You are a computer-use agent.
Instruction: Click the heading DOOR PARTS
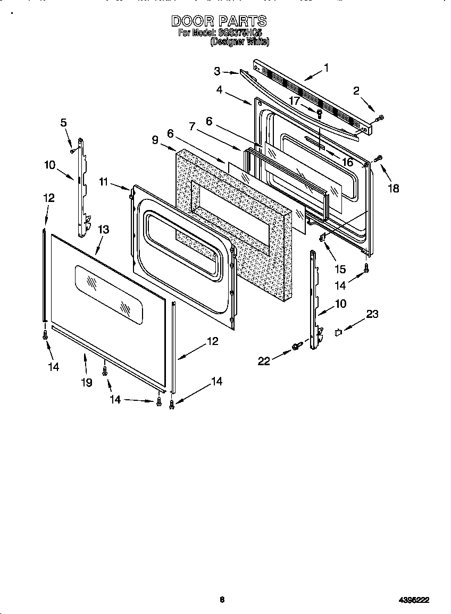(219, 21)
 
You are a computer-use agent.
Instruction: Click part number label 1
(326, 68)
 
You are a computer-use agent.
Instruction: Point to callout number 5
(64, 123)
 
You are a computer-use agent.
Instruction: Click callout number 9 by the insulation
(155, 140)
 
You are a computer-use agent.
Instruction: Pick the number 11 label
(103, 182)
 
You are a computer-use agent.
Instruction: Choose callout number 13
(104, 229)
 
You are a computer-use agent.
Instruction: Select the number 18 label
(393, 188)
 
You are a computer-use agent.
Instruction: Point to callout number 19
(86, 382)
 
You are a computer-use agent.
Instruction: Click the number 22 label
(264, 361)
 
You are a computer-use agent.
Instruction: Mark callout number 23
(372, 314)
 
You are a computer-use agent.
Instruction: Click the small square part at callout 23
(338, 333)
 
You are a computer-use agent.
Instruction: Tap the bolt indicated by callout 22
(296, 347)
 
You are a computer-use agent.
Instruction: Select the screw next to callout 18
(379, 158)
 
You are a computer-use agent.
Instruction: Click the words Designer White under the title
(239, 41)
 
